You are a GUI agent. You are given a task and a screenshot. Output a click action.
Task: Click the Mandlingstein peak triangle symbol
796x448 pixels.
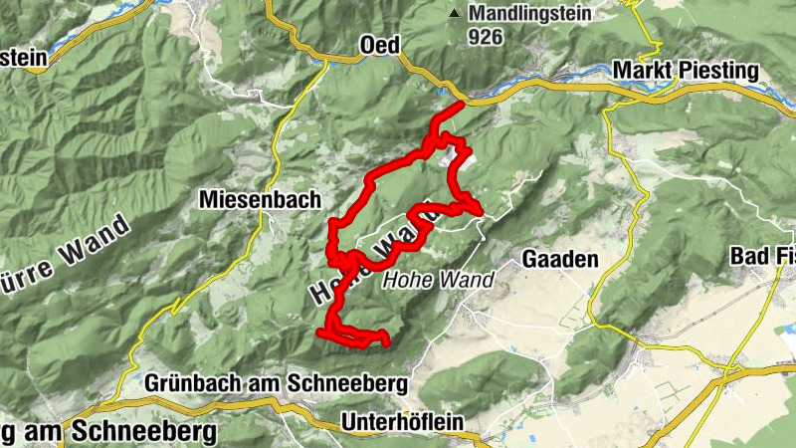[455, 14]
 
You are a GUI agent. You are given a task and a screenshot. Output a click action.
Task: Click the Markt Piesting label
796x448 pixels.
[686, 72]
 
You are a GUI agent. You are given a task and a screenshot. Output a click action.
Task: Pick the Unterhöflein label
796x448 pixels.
[402, 422]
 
